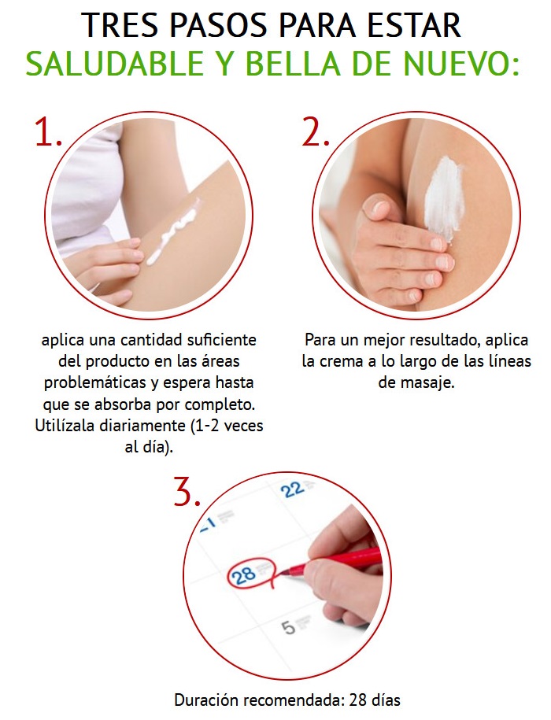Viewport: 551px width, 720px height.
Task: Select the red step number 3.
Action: click(187, 491)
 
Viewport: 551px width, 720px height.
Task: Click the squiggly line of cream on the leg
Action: click(173, 231)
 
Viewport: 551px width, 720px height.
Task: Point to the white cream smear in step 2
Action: click(444, 198)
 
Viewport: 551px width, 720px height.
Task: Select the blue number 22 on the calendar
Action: click(293, 489)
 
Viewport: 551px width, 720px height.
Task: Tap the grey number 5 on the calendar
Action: click(288, 627)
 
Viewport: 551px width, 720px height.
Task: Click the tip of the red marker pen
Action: click(280, 572)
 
